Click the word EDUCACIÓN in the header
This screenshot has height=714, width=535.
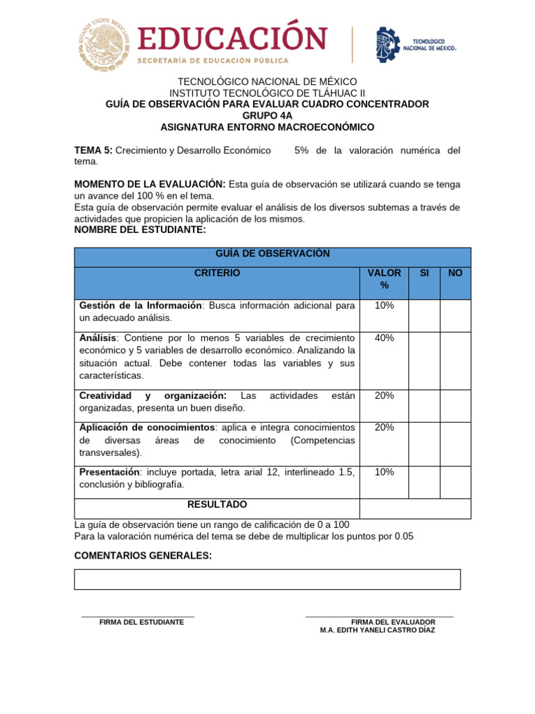coord(233,38)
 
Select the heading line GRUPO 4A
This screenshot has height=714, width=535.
coord(267,115)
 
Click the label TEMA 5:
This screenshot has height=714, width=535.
coord(93,150)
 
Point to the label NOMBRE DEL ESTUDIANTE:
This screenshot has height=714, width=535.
coord(140,229)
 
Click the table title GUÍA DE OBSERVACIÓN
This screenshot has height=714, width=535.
coord(272,254)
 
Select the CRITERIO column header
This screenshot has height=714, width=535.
coord(217,273)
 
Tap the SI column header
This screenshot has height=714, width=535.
coord(424,273)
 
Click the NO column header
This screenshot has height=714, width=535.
coord(455,273)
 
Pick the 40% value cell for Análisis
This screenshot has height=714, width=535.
coord(384,338)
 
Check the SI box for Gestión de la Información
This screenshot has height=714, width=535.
coord(424,314)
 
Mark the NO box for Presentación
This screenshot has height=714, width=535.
coord(455,482)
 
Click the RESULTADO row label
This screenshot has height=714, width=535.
coord(217,504)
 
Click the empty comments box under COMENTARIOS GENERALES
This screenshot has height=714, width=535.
coord(267,579)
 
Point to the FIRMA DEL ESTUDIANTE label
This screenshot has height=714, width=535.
coord(141,622)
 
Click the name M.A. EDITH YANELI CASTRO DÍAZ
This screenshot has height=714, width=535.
coord(378,630)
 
